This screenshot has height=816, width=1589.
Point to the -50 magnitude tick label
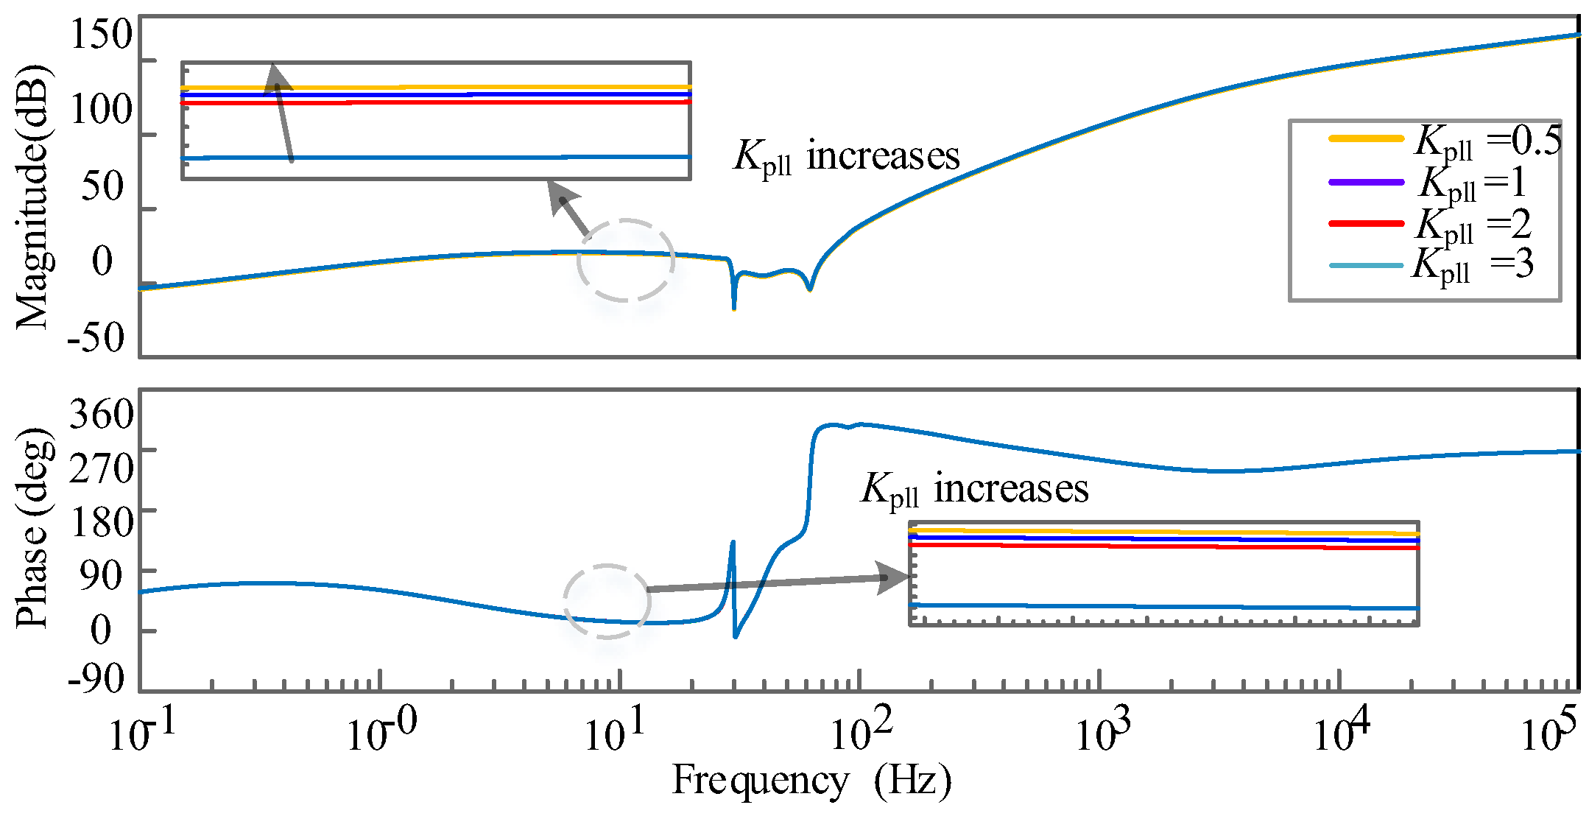click(x=96, y=337)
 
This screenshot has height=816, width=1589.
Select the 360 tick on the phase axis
click(x=102, y=414)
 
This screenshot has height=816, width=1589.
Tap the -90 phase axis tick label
click(x=96, y=678)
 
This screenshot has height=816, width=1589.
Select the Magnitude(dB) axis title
click(x=32, y=197)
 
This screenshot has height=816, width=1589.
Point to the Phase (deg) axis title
click(x=32, y=527)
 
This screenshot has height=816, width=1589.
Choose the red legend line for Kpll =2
click(x=1366, y=222)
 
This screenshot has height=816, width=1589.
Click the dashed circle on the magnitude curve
click(x=626, y=260)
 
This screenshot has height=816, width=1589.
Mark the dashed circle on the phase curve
click(x=607, y=601)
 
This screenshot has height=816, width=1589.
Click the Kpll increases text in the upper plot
click(x=847, y=156)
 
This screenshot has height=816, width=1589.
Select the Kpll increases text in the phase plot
click(x=975, y=489)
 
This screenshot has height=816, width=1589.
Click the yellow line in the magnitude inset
click(x=442, y=88)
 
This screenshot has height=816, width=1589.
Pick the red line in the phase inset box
click(x=1163, y=546)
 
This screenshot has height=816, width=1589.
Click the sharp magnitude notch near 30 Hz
click(x=734, y=302)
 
